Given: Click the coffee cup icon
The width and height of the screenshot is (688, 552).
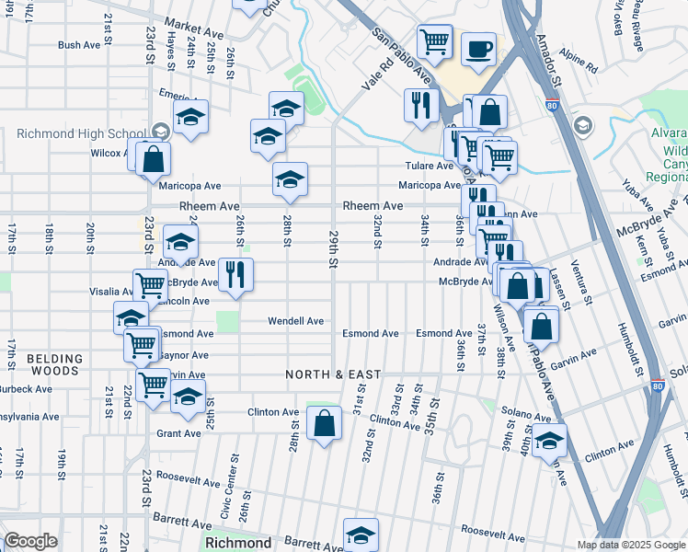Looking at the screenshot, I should [x=477, y=49].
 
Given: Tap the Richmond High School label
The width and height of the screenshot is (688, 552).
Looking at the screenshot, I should [x=80, y=133].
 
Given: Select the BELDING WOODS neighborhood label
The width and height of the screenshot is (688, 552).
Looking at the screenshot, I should [x=52, y=363].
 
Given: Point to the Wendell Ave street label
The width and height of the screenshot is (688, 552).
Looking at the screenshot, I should [x=295, y=321].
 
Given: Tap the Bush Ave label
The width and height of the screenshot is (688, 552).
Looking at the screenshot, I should [x=78, y=44].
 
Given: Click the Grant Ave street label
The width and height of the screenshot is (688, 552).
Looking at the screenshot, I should [x=178, y=433].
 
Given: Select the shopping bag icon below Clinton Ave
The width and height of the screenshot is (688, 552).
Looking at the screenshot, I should [x=324, y=424].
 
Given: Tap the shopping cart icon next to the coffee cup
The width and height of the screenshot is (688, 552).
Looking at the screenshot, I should [x=433, y=40].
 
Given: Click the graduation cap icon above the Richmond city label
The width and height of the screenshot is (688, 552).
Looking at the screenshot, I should [x=361, y=535].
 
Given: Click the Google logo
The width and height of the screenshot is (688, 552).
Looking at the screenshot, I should [x=30, y=541].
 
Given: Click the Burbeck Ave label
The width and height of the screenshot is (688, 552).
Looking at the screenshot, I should [x=26, y=389].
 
